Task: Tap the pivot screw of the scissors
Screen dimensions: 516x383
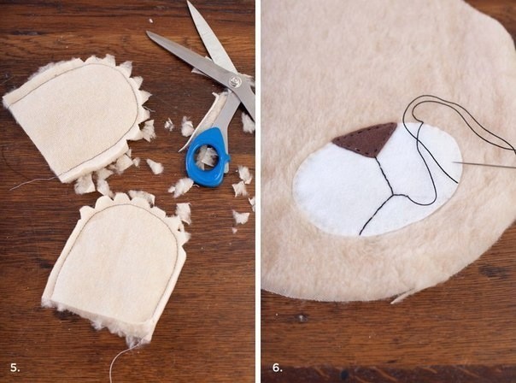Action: (235, 80)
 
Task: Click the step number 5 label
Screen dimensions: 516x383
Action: (15, 368)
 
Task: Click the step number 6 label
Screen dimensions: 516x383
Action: (278, 368)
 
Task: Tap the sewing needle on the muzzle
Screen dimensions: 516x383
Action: (484, 165)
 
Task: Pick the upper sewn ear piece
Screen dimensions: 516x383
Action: (79, 119)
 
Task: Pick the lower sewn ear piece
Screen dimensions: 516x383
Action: (115, 263)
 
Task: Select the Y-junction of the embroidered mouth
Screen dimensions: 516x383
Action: (393, 195)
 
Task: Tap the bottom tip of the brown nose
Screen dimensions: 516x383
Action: (375, 156)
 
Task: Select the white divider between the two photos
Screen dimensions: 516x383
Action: (258, 191)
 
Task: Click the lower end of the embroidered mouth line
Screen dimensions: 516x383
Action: (360, 233)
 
